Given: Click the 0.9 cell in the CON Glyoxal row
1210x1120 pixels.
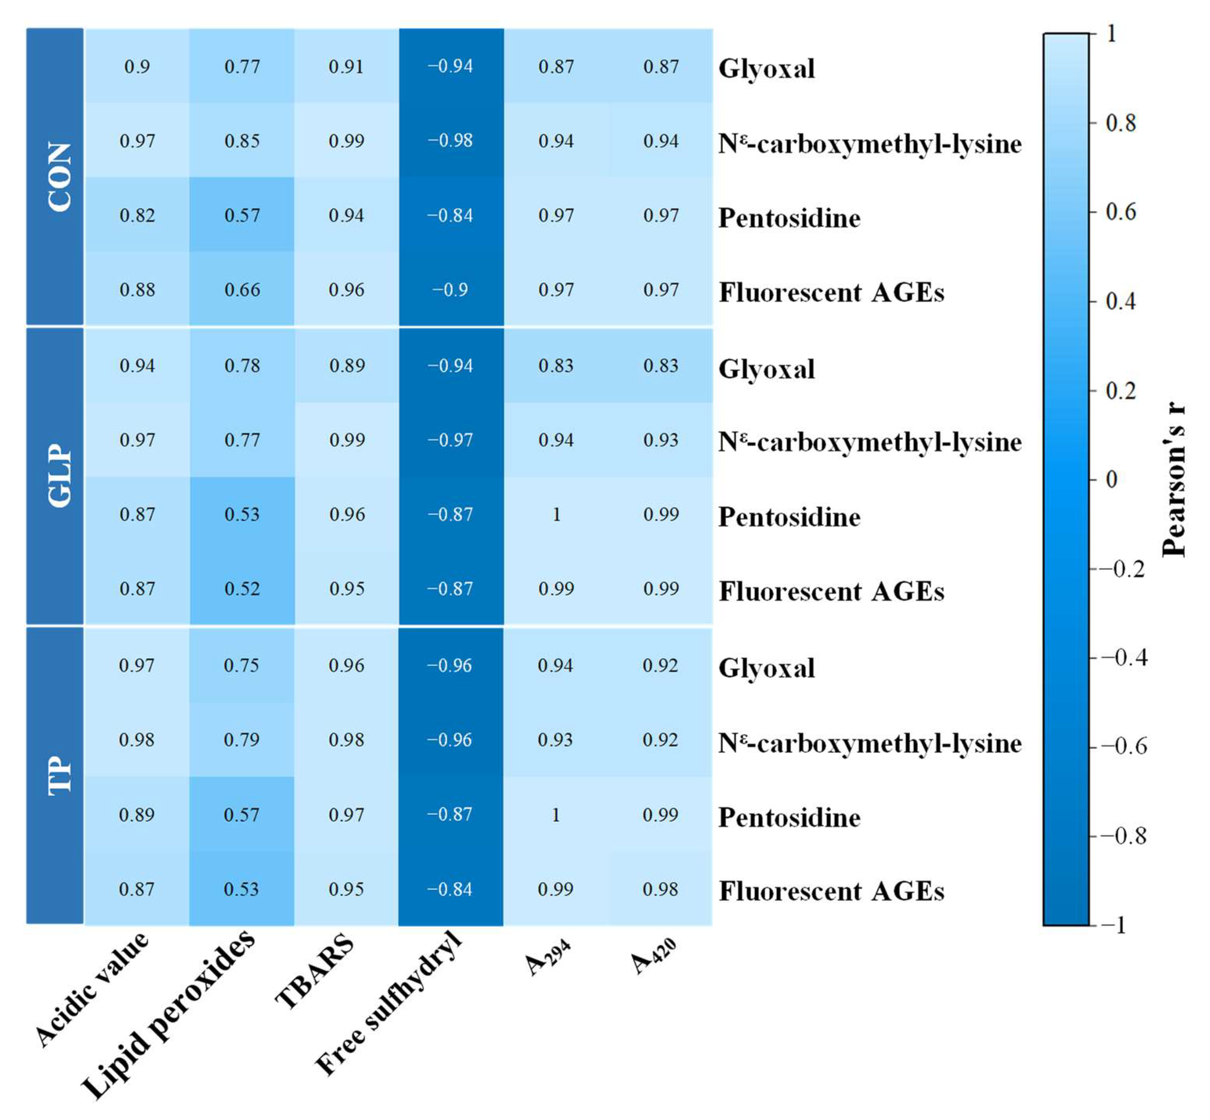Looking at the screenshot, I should [137, 66].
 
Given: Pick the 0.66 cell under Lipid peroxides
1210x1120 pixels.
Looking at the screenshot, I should [242, 290].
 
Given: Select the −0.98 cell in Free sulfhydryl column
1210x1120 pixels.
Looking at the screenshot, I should [451, 140].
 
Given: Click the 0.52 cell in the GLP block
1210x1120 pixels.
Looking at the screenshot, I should [242, 589].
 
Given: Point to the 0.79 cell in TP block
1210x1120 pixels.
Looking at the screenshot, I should [241, 739].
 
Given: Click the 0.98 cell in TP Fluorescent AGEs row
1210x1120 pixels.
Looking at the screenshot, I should [660, 889].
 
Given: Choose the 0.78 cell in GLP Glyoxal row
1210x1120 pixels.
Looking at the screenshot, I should [242, 366].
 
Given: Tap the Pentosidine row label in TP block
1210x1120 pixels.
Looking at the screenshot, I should [789, 817].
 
